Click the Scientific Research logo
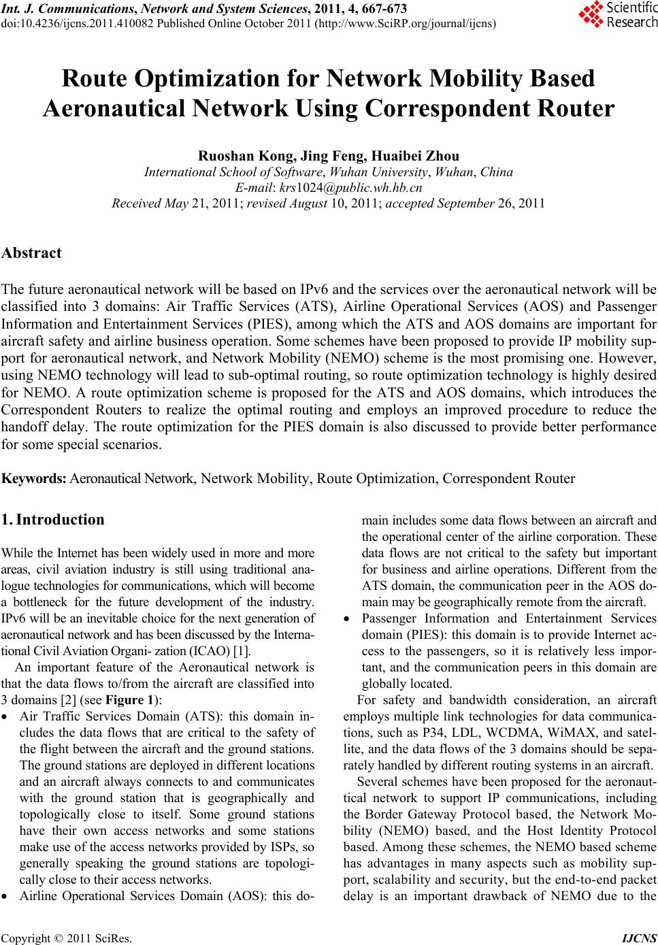[x=617, y=15]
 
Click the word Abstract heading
[x=31, y=253]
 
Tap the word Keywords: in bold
[x=34, y=478]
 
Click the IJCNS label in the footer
[x=640, y=939]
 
